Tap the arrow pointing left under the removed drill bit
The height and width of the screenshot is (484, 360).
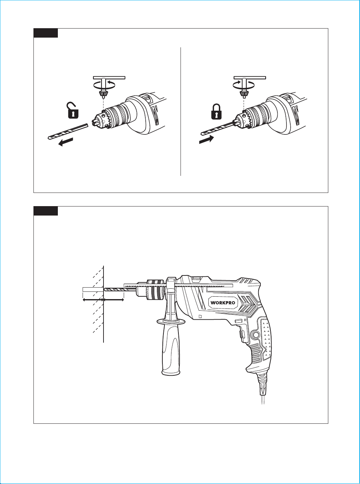click(66, 142)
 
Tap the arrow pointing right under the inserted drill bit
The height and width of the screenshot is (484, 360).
click(206, 139)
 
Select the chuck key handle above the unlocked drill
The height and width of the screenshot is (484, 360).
click(109, 78)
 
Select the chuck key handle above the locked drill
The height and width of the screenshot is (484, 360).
click(250, 78)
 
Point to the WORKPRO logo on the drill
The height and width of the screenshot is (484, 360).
click(223, 303)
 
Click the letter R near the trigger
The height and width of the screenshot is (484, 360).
click(245, 320)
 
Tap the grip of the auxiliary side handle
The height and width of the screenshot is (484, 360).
click(171, 350)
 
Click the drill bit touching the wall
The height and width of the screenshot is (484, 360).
click(120, 290)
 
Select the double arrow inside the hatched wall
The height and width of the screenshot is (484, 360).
click(93, 300)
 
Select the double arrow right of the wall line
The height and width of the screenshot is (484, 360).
click(114, 300)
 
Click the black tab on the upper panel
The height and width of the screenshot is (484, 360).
click(46, 33)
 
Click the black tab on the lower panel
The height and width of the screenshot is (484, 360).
click(46, 211)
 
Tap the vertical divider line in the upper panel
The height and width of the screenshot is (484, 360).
click(181, 111)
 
